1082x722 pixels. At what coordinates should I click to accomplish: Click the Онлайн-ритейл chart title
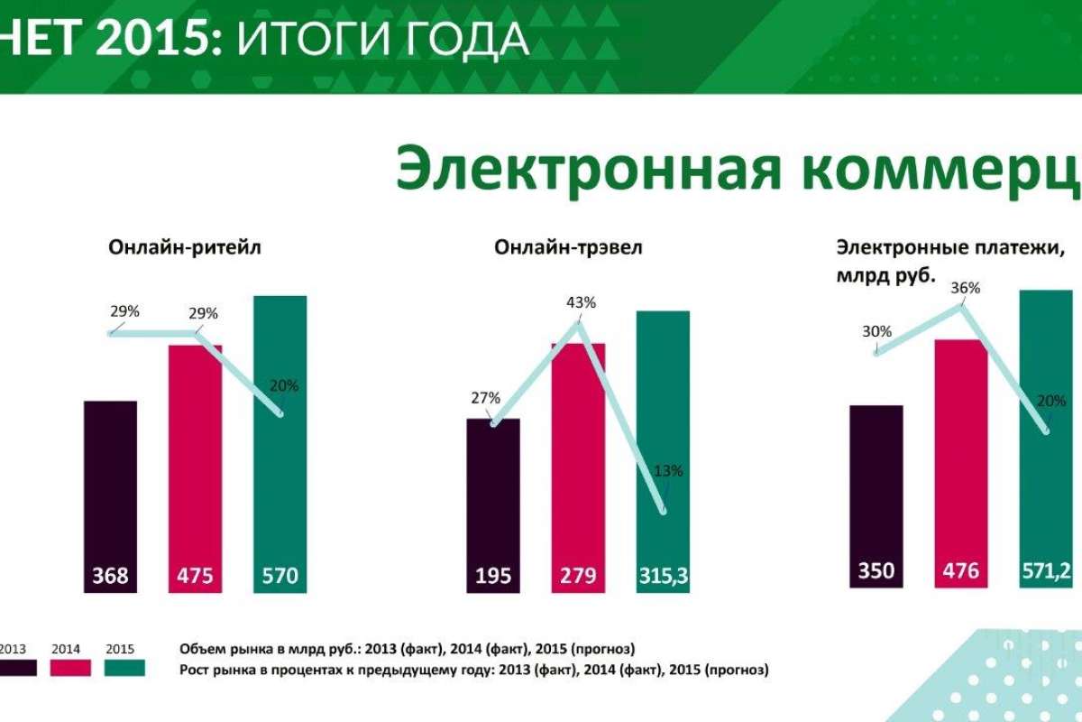[185, 247]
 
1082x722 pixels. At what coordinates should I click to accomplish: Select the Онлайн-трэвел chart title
[568, 247]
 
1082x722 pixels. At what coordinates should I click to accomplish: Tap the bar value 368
[111, 574]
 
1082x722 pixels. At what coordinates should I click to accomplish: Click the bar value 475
[196, 574]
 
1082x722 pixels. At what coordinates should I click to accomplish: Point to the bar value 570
[280, 574]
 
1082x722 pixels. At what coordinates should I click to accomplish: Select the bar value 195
[493, 574]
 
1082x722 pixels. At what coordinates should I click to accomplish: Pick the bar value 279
[578, 574]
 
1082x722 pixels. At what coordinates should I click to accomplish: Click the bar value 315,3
[664, 574]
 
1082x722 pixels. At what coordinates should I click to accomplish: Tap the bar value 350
[876, 570]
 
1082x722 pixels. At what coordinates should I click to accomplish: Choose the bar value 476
[960, 570]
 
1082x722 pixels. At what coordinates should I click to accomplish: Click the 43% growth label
[582, 302]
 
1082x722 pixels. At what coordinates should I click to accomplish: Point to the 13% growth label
[669, 470]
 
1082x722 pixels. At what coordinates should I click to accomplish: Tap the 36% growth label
[966, 288]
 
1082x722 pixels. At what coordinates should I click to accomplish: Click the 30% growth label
[877, 331]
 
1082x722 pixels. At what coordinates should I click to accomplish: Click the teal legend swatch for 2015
[124, 668]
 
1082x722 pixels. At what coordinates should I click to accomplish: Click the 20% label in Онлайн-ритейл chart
[284, 385]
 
